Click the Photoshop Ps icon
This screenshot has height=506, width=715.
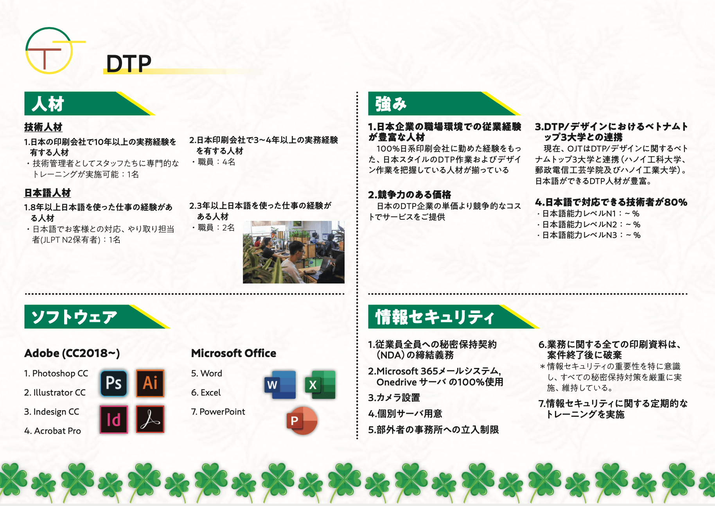click(114, 383)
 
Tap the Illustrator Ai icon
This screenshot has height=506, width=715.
click(150, 383)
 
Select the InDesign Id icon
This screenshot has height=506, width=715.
click(114, 420)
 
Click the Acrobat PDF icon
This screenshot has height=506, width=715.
click(150, 420)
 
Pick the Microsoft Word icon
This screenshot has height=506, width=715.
click(280, 385)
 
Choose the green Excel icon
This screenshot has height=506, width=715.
click(320, 385)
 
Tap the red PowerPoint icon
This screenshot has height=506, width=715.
click(302, 421)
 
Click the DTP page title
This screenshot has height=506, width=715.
click(129, 63)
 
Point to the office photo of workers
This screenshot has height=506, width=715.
click(294, 252)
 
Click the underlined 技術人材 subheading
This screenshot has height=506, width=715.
click(43, 127)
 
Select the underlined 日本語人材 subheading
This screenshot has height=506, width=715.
click(48, 193)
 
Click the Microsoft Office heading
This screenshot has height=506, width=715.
click(234, 353)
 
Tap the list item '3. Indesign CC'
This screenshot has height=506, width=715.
click(52, 412)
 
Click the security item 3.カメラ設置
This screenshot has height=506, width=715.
click(394, 398)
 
